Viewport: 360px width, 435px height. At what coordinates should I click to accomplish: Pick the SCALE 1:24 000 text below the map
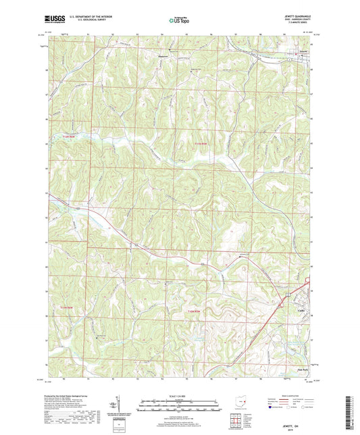[x=179, y=395]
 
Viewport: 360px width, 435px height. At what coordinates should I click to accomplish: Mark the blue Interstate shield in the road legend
[x=270, y=417]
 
